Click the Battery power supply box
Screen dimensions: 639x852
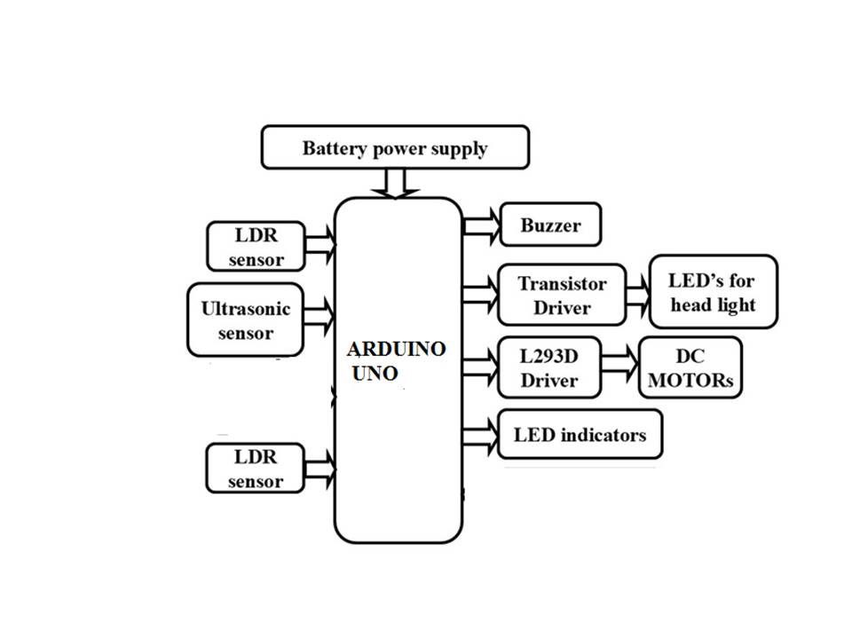[395, 147]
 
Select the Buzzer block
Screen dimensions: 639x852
[551, 225]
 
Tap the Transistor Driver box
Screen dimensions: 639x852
[563, 296]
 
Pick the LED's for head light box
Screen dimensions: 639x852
[713, 292]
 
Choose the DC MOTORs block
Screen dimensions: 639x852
[690, 367]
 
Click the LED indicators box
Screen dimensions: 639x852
[580, 435]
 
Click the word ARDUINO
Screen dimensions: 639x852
[396, 350]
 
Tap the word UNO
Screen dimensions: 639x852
[375, 374]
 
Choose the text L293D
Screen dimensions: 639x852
[548, 357]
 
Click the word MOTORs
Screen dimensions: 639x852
[692, 382]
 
